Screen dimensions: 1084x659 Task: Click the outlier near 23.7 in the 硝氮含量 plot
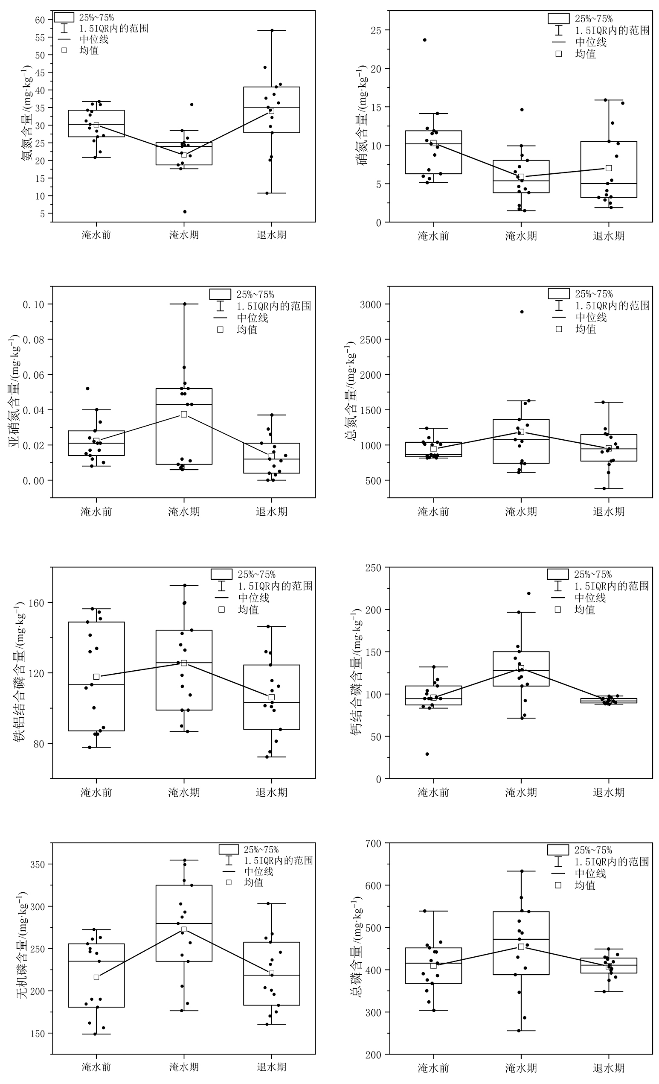(x=424, y=40)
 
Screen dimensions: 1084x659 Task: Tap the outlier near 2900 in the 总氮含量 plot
(x=522, y=312)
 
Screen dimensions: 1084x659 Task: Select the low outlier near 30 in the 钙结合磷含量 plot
(x=427, y=754)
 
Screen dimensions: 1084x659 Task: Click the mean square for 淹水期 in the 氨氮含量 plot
(x=184, y=155)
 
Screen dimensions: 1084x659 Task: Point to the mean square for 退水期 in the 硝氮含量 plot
(x=609, y=168)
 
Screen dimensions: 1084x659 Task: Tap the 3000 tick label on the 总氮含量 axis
(x=371, y=304)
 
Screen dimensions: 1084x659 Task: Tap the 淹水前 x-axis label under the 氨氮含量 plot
(x=96, y=234)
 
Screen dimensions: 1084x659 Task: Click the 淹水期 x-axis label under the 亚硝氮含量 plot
(x=184, y=511)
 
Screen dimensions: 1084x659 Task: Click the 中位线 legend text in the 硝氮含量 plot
(x=591, y=42)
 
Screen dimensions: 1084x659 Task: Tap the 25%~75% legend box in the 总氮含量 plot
(x=558, y=293)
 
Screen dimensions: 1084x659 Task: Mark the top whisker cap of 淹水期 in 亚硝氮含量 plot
(x=184, y=304)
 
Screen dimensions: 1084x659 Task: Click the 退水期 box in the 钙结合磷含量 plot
(x=609, y=700)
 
